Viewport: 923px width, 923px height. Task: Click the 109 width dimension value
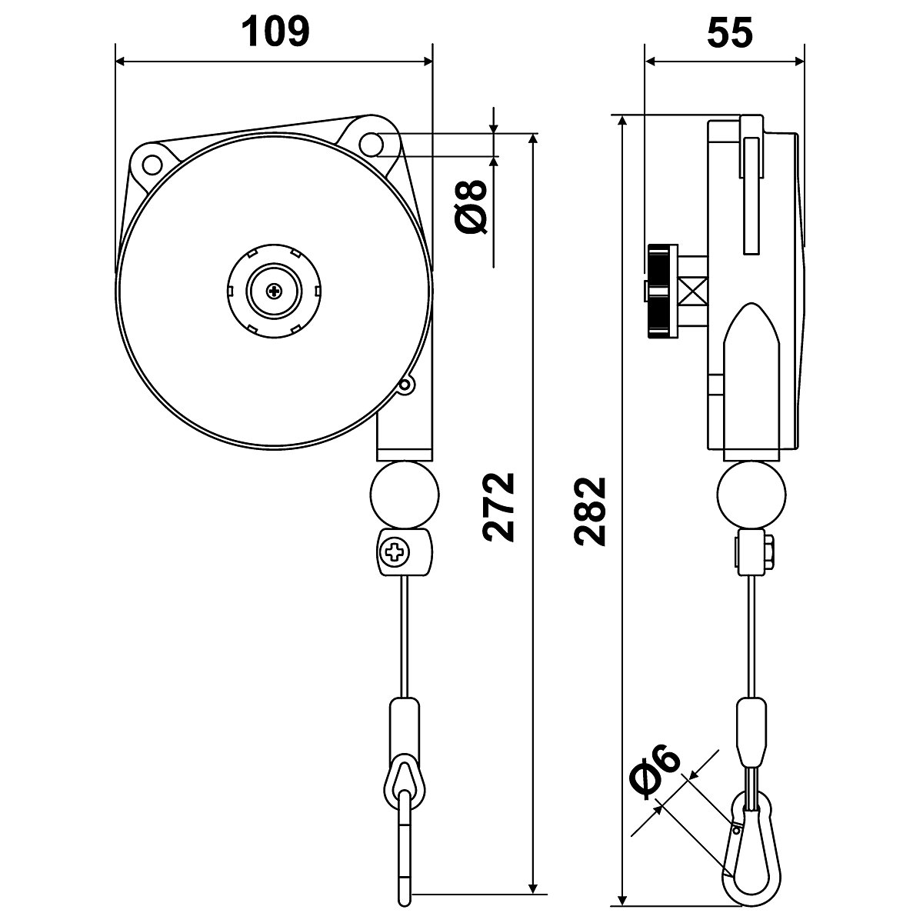pos(275,32)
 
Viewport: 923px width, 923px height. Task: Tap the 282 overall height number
pos(593,511)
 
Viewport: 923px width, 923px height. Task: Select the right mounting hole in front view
pos(374,143)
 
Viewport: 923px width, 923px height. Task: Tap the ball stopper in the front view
pos(405,494)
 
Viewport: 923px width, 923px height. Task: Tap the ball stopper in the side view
pos(752,494)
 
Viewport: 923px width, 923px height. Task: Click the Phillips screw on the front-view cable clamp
pos(395,551)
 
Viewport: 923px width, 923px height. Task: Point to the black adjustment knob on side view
pos(661,291)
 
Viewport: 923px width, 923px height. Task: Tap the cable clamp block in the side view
pos(753,551)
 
